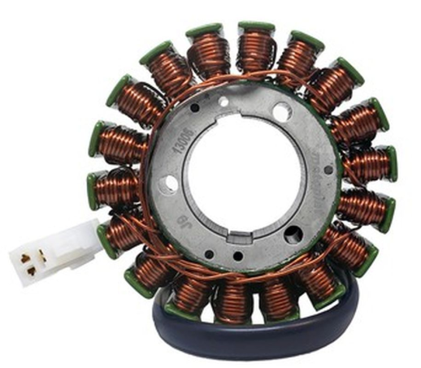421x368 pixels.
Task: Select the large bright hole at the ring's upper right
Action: tap(281, 112)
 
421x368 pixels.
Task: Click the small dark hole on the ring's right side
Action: tap(328, 170)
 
